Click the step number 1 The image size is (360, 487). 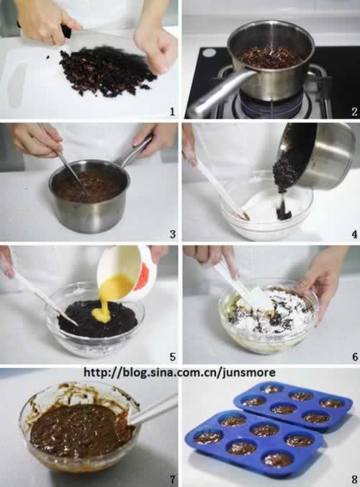pyautogui.click(x=172, y=111)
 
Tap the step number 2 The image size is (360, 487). pyautogui.click(x=354, y=111)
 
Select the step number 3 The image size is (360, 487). pyautogui.click(x=173, y=234)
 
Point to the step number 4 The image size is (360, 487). pyautogui.click(x=354, y=234)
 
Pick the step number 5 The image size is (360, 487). pyautogui.click(x=173, y=357)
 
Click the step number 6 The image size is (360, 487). pyautogui.click(x=355, y=357)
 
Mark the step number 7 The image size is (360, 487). pyautogui.click(x=173, y=480)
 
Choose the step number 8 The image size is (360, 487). pyautogui.click(x=354, y=480)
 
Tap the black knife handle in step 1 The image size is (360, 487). pyautogui.click(x=66, y=31)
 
